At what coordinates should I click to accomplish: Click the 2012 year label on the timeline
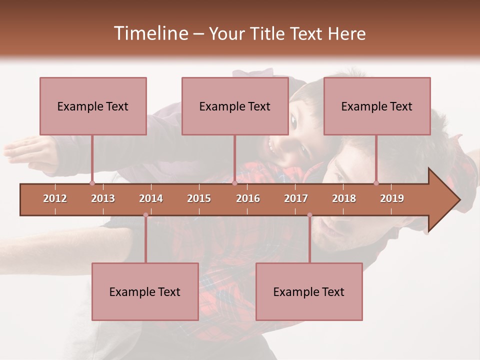(x=55, y=198)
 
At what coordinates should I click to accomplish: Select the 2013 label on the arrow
(x=103, y=198)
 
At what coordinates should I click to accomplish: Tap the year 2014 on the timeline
(x=151, y=198)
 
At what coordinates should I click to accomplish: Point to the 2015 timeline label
(x=199, y=198)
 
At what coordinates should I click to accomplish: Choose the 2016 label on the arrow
(x=248, y=198)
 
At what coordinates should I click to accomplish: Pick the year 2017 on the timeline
(x=296, y=198)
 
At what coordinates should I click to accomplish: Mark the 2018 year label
(x=344, y=198)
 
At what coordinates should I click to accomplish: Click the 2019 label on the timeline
(x=392, y=198)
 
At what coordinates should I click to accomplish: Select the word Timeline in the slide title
(x=150, y=33)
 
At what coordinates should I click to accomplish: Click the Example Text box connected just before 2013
(x=93, y=106)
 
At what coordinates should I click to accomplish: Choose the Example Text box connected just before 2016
(x=235, y=106)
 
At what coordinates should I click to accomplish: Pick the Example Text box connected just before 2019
(x=377, y=106)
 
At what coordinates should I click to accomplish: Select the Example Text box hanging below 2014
(x=145, y=292)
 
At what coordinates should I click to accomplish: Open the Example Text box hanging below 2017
(x=309, y=292)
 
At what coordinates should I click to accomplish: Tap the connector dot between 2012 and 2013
(x=92, y=183)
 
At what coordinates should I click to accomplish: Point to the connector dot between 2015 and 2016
(x=234, y=183)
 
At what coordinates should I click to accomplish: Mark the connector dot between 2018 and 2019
(x=376, y=183)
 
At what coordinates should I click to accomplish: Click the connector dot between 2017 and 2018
(x=309, y=215)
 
